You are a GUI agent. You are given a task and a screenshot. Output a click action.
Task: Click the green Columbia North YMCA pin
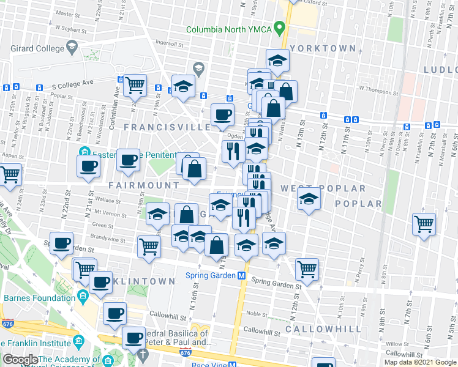coord(280,28)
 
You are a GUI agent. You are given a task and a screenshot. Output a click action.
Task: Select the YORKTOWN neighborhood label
coord(323,48)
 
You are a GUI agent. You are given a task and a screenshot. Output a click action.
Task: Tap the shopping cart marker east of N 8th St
coord(424,224)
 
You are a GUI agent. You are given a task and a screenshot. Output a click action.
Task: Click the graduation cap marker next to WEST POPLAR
coord(309,199)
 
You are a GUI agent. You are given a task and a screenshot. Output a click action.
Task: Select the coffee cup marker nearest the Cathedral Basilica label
coord(133,337)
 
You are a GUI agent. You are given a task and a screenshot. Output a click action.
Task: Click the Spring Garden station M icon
coord(242,276)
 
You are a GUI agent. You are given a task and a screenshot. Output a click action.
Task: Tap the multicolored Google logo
coord(21,360)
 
